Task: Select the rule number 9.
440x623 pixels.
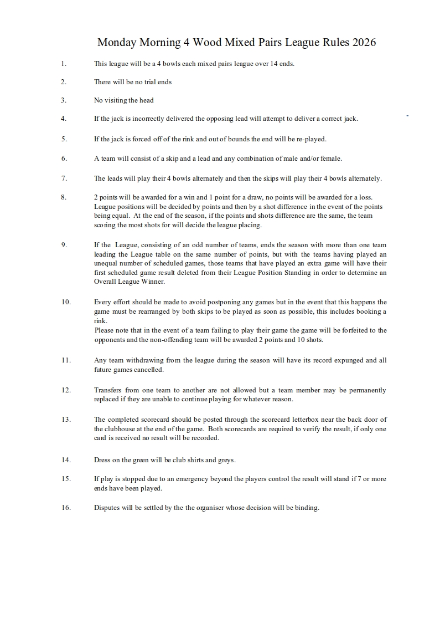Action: (x=64, y=244)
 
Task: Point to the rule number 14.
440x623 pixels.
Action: (x=66, y=459)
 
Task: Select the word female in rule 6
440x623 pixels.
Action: (x=332, y=158)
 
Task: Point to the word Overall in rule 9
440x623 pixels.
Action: (x=105, y=282)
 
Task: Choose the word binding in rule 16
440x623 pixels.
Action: (x=307, y=508)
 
